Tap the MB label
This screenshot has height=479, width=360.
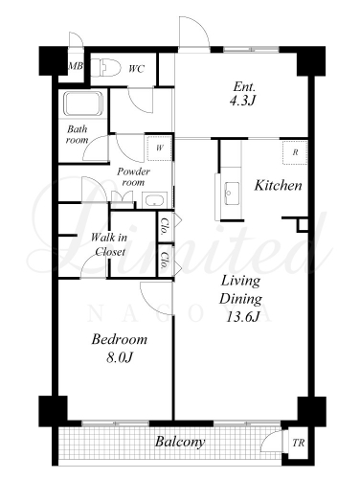pos(76,66)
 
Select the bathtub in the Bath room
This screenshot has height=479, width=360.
pos(83,103)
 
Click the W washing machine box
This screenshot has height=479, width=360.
pos(160,148)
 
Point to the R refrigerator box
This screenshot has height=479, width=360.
pos(295,152)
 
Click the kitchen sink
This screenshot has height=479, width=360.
pos(232,194)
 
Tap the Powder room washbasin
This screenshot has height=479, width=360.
pos(154,200)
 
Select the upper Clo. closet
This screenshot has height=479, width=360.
pos(166,226)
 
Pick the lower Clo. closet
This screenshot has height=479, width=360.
pos(166,261)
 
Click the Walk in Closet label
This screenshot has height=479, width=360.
pos(109,244)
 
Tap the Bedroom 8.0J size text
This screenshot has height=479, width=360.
pos(120,358)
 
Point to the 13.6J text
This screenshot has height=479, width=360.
pos(242,317)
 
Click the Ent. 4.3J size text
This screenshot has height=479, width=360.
pos(243,102)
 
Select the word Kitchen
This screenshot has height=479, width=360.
pos(278,185)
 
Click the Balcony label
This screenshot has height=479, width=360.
pos(180,443)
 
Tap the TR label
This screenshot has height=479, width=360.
pos(299,443)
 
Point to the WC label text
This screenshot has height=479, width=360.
pos(136,69)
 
